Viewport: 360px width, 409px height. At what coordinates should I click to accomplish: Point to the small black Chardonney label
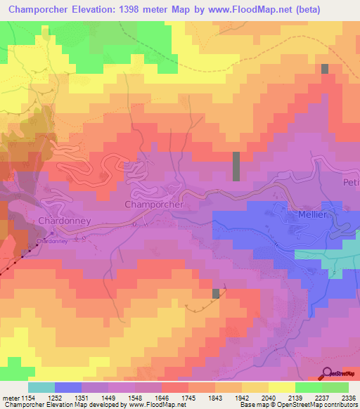pyautogui.click(x=51, y=240)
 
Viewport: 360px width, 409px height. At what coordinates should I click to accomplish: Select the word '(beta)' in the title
pyautogui.click(x=331, y=11)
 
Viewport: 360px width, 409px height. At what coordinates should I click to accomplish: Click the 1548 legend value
pyautogui.click(x=146, y=397)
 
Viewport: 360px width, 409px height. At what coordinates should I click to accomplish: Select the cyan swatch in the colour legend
pyautogui.click(x=41, y=387)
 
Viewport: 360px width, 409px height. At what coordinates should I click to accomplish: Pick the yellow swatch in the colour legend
pyautogui.click(x=281, y=387)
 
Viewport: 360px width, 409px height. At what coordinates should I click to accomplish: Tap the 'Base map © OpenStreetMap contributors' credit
pyautogui.click(x=300, y=405)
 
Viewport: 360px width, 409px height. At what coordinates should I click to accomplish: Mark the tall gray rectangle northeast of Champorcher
pyautogui.click(x=236, y=167)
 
